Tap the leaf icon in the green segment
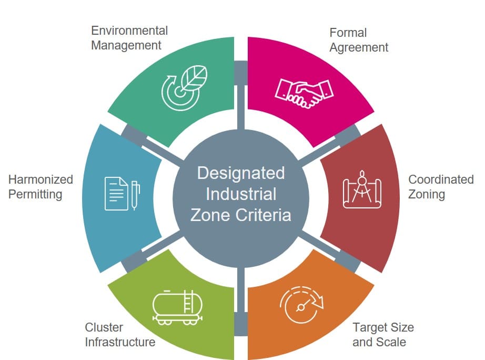coord(185,88)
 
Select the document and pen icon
coord(123,194)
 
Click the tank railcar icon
coord(178,307)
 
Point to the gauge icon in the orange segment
coord(301,305)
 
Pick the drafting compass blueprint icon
coord(362,189)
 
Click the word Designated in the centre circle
coord(241,173)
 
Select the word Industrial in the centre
coord(241,194)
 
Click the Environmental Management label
coord(129,38)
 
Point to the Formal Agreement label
coord(359,40)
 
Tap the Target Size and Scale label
coord(383,335)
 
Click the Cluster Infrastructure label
coord(120,335)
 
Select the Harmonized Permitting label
coord(41,187)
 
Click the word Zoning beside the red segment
coord(427,194)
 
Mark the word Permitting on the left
coord(35,194)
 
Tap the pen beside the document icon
coord(135,196)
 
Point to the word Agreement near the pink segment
coord(359,48)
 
